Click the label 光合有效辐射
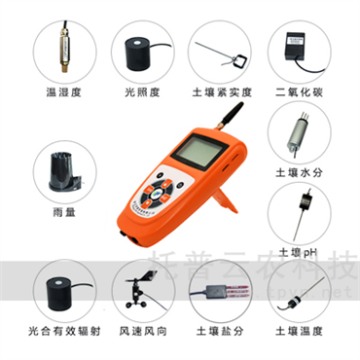tap(64, 332)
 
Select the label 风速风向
tap(142, 332)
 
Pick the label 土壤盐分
tap(222, 332)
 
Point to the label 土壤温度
tap(302, 332)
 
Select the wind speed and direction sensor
tap(140, 292)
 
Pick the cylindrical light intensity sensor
tap(141, 51)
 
